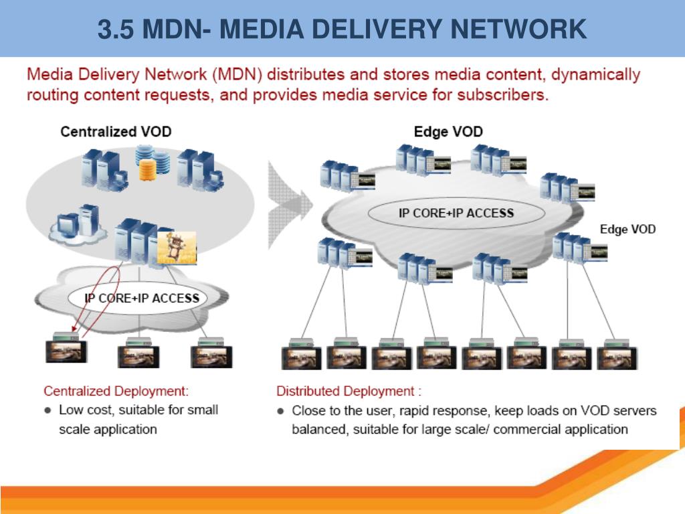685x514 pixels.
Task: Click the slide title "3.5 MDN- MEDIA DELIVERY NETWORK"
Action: coord(342,29)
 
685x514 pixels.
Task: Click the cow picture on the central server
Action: coord(177,247)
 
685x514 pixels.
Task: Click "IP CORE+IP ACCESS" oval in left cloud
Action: coord(142,298)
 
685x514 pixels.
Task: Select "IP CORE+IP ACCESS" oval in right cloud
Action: coord(456,213)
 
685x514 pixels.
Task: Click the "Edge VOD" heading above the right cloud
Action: coord(448,131)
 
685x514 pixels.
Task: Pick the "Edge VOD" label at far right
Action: coord(627,229)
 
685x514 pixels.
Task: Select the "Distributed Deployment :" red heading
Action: coord(349,391)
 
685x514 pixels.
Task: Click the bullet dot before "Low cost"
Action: coord(47,410)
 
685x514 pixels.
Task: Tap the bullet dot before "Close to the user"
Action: coord(281,410)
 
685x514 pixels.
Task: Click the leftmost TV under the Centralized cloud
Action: coord(65,351)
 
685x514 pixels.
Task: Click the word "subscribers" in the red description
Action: coord(502,95)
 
